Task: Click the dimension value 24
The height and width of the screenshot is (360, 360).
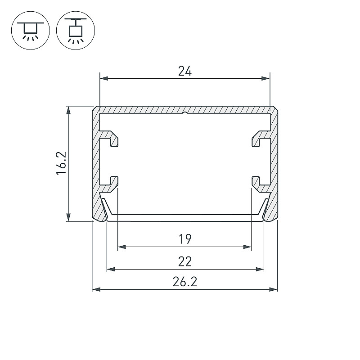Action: pos(185,71)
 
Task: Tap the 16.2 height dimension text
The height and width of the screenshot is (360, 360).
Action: pos(61,163)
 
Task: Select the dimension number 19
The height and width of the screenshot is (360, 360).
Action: pos(185,239)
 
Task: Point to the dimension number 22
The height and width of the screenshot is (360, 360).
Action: pos(185,261)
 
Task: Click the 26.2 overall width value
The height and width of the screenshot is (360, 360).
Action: pos(185,282)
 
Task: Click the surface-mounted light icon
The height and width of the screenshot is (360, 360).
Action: pos(31,30)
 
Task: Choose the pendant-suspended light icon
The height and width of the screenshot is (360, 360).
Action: pos(76,30)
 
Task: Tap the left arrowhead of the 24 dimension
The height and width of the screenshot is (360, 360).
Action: pos(104,78)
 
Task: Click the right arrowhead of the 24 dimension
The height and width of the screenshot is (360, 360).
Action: pos(265,78)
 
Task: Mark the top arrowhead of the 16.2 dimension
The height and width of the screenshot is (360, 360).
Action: pos(68,110)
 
